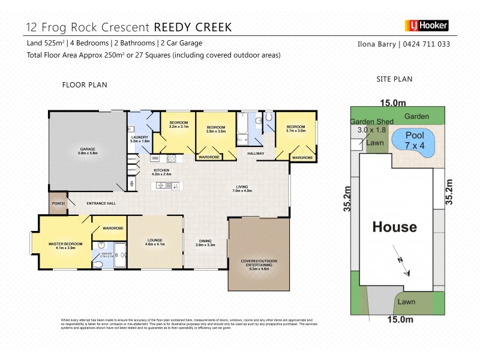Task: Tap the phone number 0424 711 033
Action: (425, 44)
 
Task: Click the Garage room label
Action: (88, 151)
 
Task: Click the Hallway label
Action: (256, 154)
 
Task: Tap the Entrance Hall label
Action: (101, 203)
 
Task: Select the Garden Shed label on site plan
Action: (371, 122)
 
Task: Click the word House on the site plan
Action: (394, 227)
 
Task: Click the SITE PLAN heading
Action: (394, 79)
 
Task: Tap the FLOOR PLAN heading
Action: (85, 85)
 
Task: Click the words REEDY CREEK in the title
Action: (193, 27)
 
